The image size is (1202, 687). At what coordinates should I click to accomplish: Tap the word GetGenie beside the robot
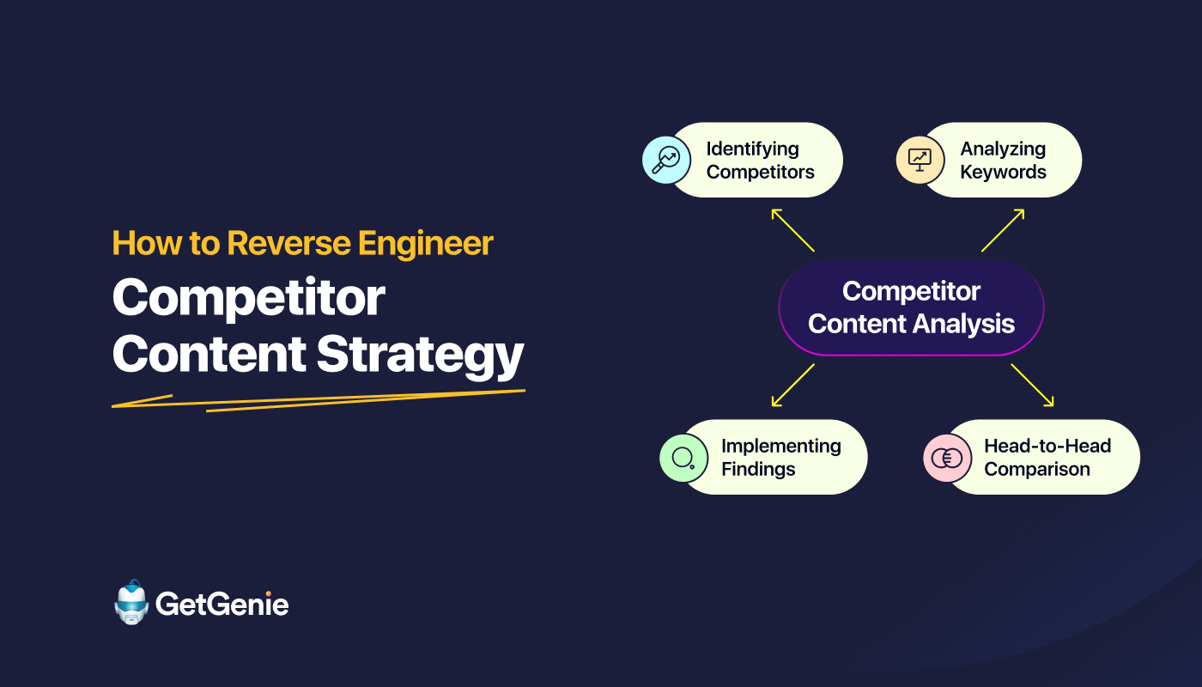click(222, 605)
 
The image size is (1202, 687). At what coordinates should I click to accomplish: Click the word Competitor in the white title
click(249, 298)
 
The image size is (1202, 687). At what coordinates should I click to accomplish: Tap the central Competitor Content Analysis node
click(911, 307)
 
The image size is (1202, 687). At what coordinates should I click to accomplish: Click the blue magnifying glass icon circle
click(666, 160)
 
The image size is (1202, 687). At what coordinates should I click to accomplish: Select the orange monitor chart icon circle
click(920, 160)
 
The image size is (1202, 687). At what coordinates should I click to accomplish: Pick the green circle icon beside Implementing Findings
click(683, 457)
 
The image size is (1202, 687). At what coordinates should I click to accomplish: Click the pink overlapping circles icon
click(947, 457)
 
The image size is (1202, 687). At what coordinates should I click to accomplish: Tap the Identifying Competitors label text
click(760, 160)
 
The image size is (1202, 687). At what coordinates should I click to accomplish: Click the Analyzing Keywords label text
click(1003, 160)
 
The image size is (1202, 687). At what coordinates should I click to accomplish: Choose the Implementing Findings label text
click(780, 457)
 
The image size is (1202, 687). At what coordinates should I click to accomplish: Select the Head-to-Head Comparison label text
click(1047, 457)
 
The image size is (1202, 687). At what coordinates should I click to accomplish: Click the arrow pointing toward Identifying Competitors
click(792, 229)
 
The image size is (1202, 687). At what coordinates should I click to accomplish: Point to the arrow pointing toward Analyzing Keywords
click(1003, 229)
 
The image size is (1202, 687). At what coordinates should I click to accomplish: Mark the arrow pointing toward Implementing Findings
click(792, 385)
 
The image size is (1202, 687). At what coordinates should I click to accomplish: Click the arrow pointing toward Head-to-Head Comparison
click(1032, 385)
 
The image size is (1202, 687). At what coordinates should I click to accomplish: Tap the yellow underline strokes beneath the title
click(318, 400)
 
